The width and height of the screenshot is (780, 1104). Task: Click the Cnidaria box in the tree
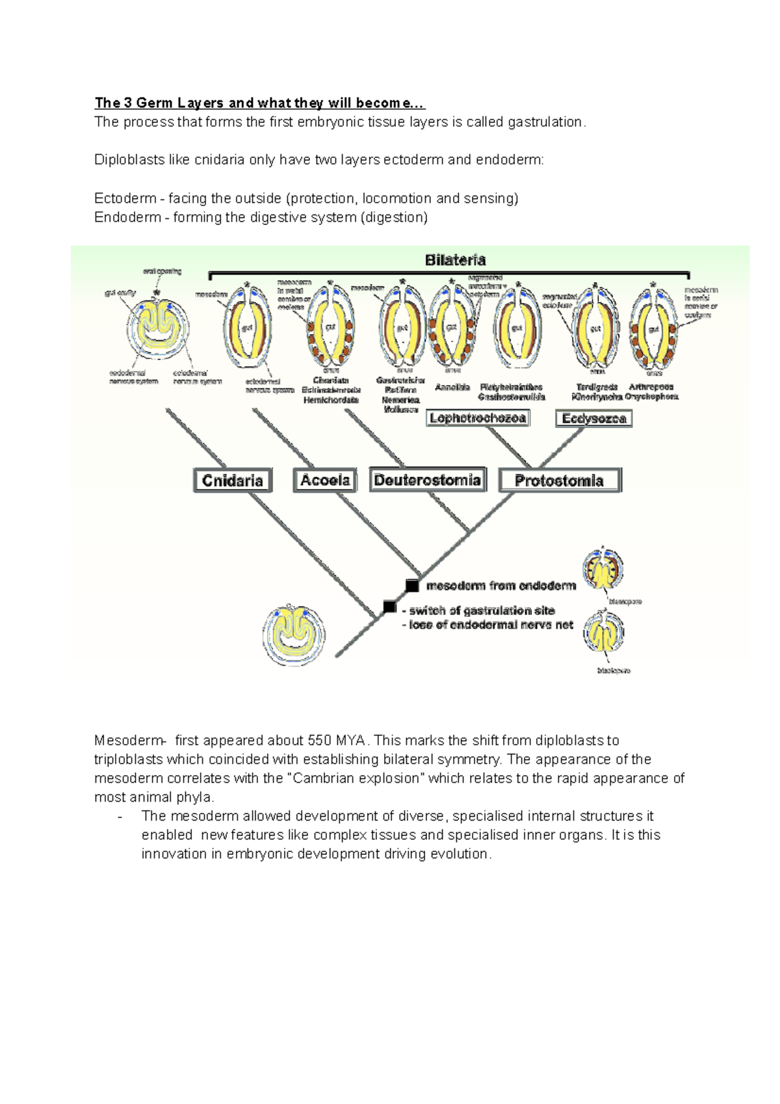[233, 480]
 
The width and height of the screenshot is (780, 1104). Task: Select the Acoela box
[325, 480]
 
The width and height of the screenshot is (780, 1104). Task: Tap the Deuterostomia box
[428, 480]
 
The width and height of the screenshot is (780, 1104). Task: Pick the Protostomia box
[560, 480]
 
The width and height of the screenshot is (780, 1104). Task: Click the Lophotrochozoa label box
[478, 418]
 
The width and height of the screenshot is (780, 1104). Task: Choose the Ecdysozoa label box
[593, 418]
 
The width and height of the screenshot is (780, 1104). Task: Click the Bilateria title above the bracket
[455, 260]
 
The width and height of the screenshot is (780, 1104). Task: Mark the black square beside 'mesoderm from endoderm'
[412, 586]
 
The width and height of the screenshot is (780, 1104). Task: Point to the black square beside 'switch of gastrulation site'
[389, 607]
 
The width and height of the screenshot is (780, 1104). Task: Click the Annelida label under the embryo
[452, 387]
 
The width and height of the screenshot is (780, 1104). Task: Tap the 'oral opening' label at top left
[162, 271]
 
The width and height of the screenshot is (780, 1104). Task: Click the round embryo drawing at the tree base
[294, 635]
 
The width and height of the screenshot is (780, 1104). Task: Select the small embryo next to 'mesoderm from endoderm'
[603, 569]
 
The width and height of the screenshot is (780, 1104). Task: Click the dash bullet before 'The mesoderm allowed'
[120, 817]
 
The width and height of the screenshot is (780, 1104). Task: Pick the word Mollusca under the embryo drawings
[400, 410]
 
